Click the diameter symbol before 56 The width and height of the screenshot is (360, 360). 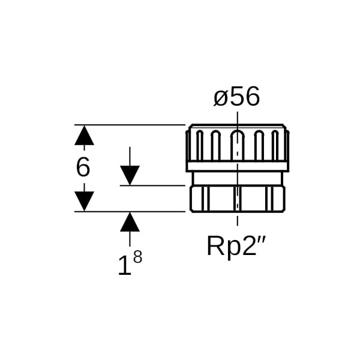click(222, 97)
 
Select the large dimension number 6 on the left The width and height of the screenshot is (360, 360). click(83, 167)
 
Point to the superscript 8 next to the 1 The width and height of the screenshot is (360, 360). click(138, 256)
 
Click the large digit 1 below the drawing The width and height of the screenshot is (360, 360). click(125, 265)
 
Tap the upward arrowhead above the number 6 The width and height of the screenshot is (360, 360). click(84, 135)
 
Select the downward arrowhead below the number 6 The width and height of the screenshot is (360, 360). click(84, 201)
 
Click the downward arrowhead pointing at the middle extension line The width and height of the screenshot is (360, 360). click(130, 175)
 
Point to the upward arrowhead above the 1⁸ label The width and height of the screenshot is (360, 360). click(130, 221)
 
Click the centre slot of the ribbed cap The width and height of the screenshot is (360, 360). click(238, 145)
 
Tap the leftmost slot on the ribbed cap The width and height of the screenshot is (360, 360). click(200, 145)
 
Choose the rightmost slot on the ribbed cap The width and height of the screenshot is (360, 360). click(275, 145)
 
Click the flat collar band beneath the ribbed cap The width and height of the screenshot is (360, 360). click(238, 166)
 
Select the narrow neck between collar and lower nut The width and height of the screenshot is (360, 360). click(238, 179)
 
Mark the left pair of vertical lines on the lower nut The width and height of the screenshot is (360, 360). click(205, 199)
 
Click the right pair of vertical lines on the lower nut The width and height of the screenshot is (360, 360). click(269, 199)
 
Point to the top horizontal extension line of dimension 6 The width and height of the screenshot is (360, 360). click(130, 125)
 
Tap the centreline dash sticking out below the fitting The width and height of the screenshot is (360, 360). click(238, 220)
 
